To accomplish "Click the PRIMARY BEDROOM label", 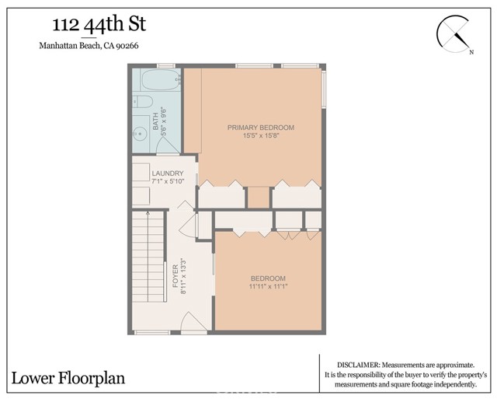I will point(260,127).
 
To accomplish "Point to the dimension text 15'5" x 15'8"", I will point(260,137).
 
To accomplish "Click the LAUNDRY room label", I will point(168,173).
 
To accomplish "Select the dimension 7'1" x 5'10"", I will point(168,182).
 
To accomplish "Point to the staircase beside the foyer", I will point(148,268).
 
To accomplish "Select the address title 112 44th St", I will point(92,25).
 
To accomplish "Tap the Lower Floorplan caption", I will point(68,379).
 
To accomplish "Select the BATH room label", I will point(156,121).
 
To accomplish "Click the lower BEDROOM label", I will point(268,279).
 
